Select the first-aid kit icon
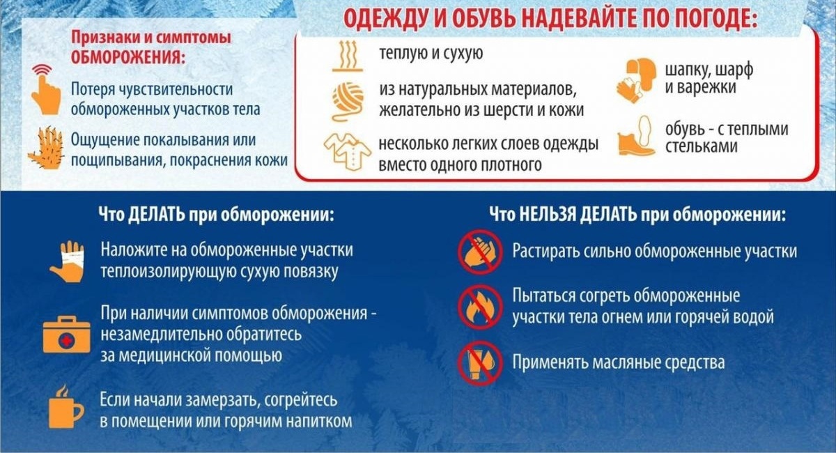[66, 335]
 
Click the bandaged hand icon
[68, 261]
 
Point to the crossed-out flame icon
[481, 307]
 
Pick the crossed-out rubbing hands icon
[481, 252]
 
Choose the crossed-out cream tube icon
[481, 362]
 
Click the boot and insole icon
[635, 136]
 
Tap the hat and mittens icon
[635, 79]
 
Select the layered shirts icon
[348, 151]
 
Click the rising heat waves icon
[348, 56]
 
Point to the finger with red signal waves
[45, 89]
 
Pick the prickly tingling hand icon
[46, 148]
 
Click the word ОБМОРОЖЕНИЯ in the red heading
[129, 58]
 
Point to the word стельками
[702, 146]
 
